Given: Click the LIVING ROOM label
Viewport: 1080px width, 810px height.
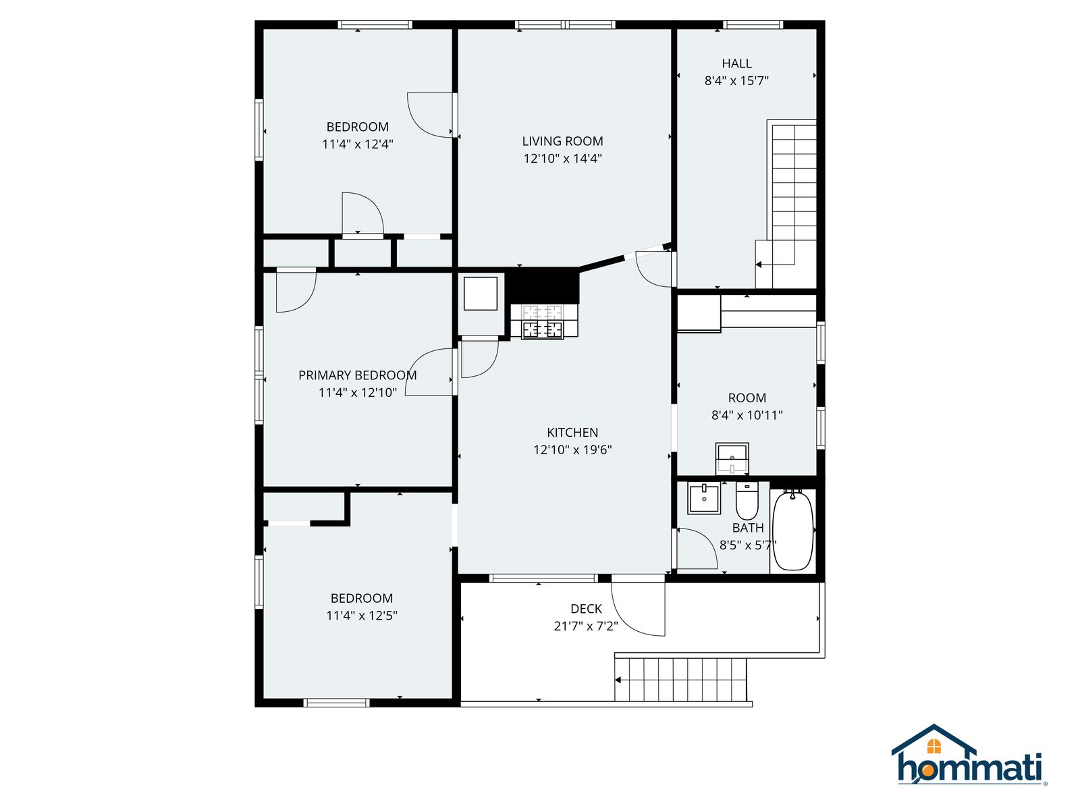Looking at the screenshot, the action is coord(562,141).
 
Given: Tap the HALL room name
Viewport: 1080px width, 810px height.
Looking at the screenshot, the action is coord(736,63).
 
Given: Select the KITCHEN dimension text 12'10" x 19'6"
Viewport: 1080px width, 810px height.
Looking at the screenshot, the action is coord(572,450).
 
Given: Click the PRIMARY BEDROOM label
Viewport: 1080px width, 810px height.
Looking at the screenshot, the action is coord(357,375).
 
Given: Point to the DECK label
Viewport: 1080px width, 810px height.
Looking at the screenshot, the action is coord(586,609).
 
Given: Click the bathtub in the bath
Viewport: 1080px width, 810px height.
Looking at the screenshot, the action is coord(792,530).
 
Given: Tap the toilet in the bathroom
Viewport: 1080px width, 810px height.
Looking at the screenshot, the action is coord(747,501).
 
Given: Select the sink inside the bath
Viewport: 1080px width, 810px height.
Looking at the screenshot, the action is coord(704,498).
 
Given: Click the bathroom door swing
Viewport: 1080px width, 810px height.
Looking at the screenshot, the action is coord(697,548).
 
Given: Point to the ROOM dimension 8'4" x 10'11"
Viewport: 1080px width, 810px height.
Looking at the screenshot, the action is coord(747,415).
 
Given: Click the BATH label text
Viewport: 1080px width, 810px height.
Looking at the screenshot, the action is coord(748,528).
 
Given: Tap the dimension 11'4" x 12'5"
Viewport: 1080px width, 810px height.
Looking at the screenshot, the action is coord(362,615).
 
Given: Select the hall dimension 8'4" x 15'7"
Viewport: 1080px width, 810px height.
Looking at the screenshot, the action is coord(736,80).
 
